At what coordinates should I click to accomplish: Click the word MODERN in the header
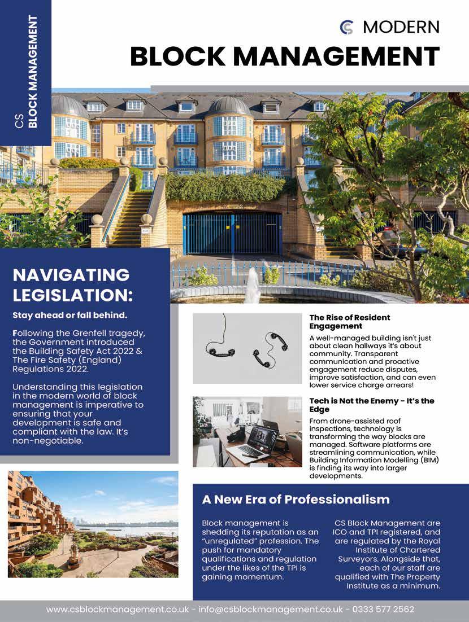(x=401, y=27)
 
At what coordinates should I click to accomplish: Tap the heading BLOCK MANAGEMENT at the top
(x=284, y=56)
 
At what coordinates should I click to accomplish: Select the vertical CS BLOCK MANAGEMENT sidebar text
(x=27, y=72)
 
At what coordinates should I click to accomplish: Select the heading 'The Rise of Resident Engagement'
(x=349, y=322)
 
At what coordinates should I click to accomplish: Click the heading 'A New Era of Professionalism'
(x=296, y=500)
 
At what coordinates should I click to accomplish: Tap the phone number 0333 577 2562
(x=383, y=610)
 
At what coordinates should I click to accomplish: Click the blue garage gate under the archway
(x=232, y=233)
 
